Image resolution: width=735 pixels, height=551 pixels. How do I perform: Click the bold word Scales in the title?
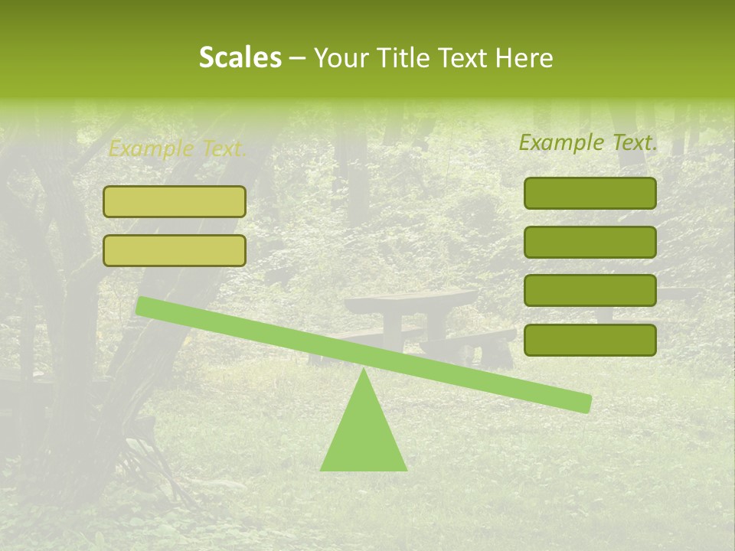[x=240, y=58]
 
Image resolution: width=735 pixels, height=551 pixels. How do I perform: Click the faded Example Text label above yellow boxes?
[x=177, y=149]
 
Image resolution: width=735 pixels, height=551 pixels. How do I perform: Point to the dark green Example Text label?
[x=588, y=142]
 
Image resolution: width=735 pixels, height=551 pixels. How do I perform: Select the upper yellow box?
[x=175, y=201]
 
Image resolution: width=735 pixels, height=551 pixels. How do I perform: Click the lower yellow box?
[x=175, y=250]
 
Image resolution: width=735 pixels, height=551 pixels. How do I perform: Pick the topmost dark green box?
[x=590, y=193]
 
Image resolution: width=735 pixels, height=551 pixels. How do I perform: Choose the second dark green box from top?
[x=590, y=242]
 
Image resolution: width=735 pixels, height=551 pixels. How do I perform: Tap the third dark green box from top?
[x=590, y=290]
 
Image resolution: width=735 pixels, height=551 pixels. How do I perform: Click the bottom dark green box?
[x=590, y=340]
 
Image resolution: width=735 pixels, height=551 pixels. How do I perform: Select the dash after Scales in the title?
[x=298, y=58]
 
